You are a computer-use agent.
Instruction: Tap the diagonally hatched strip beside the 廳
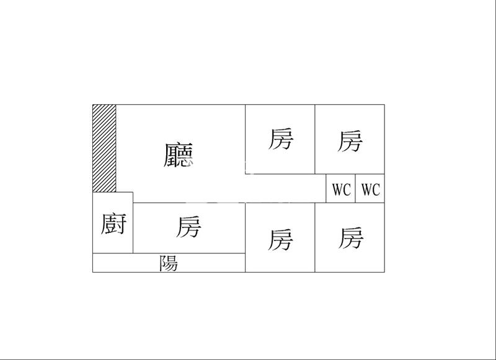pyautogui.click(x=104, y=148)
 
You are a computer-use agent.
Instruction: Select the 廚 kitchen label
pyautogui.click(x=113, y=224)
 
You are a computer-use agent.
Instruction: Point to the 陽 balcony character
pyautogui.click(x=169, y=263)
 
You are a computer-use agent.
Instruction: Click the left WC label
pyautogui.click(x=341, y=190)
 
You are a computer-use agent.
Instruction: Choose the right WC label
pyautogui.click(x=370, y=190)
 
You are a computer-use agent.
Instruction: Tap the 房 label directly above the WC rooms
pyautogui.click(x=350, y=141)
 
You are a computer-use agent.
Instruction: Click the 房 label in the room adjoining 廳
pyautogui.click(x=280, y=139)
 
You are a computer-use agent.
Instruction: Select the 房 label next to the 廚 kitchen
pyautogui.click(x=188, y=227)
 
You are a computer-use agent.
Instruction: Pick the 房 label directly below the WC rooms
pyautogui.click(x=350, y=237)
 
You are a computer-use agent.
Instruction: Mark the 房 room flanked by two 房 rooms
pyautogui.click(x=280, y=239)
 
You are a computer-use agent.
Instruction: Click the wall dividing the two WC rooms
pyautogui.click(x=355, y=188)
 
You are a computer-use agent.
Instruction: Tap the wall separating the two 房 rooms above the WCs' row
pyautogui.click(x=315, y=139)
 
